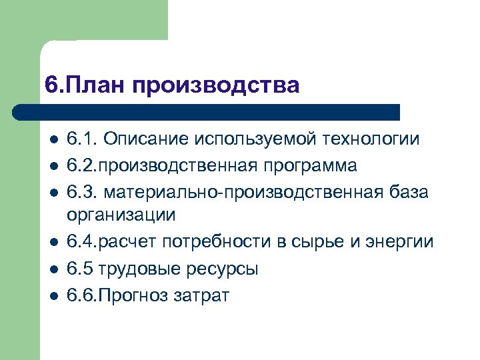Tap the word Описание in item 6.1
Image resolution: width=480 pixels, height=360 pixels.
coord(145,139)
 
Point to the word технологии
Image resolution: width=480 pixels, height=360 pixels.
coord(371,140)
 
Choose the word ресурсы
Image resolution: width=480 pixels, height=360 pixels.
coord(224,269)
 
